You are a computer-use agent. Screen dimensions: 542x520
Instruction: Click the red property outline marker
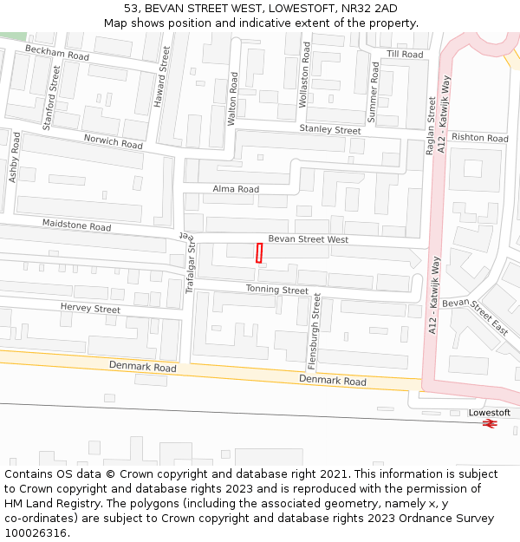[x=258, y=252]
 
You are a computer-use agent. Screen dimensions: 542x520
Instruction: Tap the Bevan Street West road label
[x=308, y=239]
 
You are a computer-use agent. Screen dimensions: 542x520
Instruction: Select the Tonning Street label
[x=276, y=290]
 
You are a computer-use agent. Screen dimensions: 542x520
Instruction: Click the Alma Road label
[x=236, y=189]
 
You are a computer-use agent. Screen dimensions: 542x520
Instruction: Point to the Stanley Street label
[x=329, y=130]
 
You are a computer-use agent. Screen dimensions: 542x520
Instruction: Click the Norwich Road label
[x=113, y=141]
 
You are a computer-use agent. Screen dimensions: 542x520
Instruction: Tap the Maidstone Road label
[x=76, y=225]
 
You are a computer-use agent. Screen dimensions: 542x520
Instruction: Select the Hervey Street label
[x=90, y=309]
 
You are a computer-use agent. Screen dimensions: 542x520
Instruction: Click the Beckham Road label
[x=57, y=53]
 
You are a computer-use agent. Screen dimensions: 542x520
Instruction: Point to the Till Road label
[x=405, y=54]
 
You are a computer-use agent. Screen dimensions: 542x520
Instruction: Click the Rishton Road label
[x=479, y=138]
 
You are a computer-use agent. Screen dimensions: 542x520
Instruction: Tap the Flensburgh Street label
[x=317, y=330]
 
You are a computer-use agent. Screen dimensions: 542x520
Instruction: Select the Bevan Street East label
[x=475, y=316]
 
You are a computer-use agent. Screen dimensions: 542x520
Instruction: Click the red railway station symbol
[x=490, y=423]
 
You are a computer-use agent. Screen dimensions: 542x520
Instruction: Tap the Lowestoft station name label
[x=490, y=412]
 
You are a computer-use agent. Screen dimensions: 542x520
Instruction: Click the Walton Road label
[x=232, y=99]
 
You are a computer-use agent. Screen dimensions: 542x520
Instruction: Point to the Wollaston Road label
[x=304, y=75]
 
